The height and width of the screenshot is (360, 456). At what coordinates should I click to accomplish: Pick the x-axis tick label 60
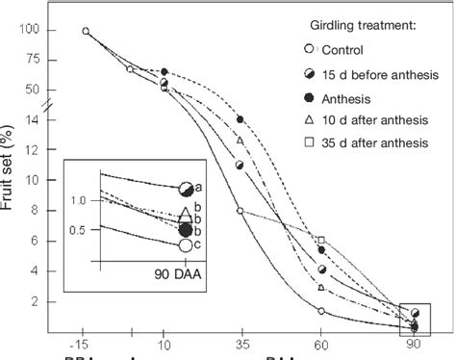pos(320,343)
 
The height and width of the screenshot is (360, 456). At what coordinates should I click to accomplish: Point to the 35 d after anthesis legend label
pos(375,144)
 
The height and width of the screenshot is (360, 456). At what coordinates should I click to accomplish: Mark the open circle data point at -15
pos(86,31)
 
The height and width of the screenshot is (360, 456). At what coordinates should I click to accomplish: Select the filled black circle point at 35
pos(241,119)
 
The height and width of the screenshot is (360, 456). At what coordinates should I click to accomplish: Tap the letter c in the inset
pos(198,245)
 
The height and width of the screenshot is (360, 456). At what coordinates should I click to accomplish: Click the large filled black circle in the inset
pos(185,230)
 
